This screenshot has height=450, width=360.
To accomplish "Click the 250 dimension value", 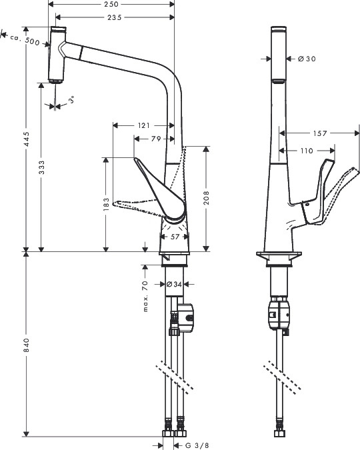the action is [x=111, y=4].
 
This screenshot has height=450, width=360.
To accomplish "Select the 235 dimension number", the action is [x=115, y=17].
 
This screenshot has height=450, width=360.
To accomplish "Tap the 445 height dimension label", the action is [x=27, y=139].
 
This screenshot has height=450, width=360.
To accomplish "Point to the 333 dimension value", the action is [x=42, y=167].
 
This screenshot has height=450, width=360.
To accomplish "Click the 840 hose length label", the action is [x=27, y=345].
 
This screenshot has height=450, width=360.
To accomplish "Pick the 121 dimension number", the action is [x=144, y=125].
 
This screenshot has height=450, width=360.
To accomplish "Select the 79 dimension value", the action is [x=156, y=139].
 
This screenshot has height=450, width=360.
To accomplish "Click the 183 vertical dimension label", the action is [x=106, y=204].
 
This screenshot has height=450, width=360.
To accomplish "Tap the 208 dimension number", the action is [x=207, y=198].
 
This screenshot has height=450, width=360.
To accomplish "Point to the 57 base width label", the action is [x=175, y=237].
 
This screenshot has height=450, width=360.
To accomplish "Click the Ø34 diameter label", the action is [x=174, y=284].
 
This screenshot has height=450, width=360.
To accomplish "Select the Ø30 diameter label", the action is [x=307, y=59].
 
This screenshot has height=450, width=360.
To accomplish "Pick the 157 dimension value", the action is [x=320, y=133].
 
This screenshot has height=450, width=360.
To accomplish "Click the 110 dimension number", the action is [x=307, y=151].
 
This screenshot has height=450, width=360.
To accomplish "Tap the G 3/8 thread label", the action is [x=197, y=445].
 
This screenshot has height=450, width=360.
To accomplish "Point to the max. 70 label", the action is [x=145, y=296].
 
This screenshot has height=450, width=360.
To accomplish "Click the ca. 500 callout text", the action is [x=25, y=40].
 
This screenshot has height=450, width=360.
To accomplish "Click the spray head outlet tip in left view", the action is [x=55, y=82].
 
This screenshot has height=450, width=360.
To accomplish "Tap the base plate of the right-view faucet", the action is [x=279, y=254].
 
